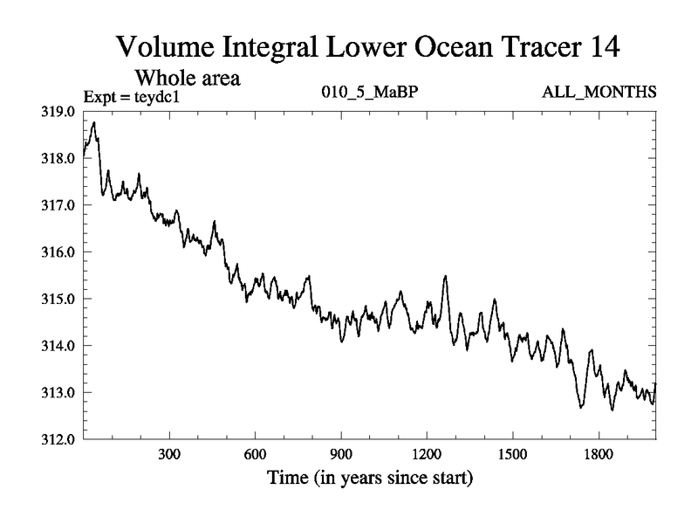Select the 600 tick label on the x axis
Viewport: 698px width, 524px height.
[255, 456]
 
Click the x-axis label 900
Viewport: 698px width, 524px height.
[340, 456]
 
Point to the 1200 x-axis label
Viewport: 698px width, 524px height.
[427, 456]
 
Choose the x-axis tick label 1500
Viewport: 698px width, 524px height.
[512, 456]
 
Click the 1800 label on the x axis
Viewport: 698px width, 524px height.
[599, 456]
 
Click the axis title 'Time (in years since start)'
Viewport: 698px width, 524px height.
[370, 479]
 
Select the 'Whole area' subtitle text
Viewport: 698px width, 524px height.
[186, 78]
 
